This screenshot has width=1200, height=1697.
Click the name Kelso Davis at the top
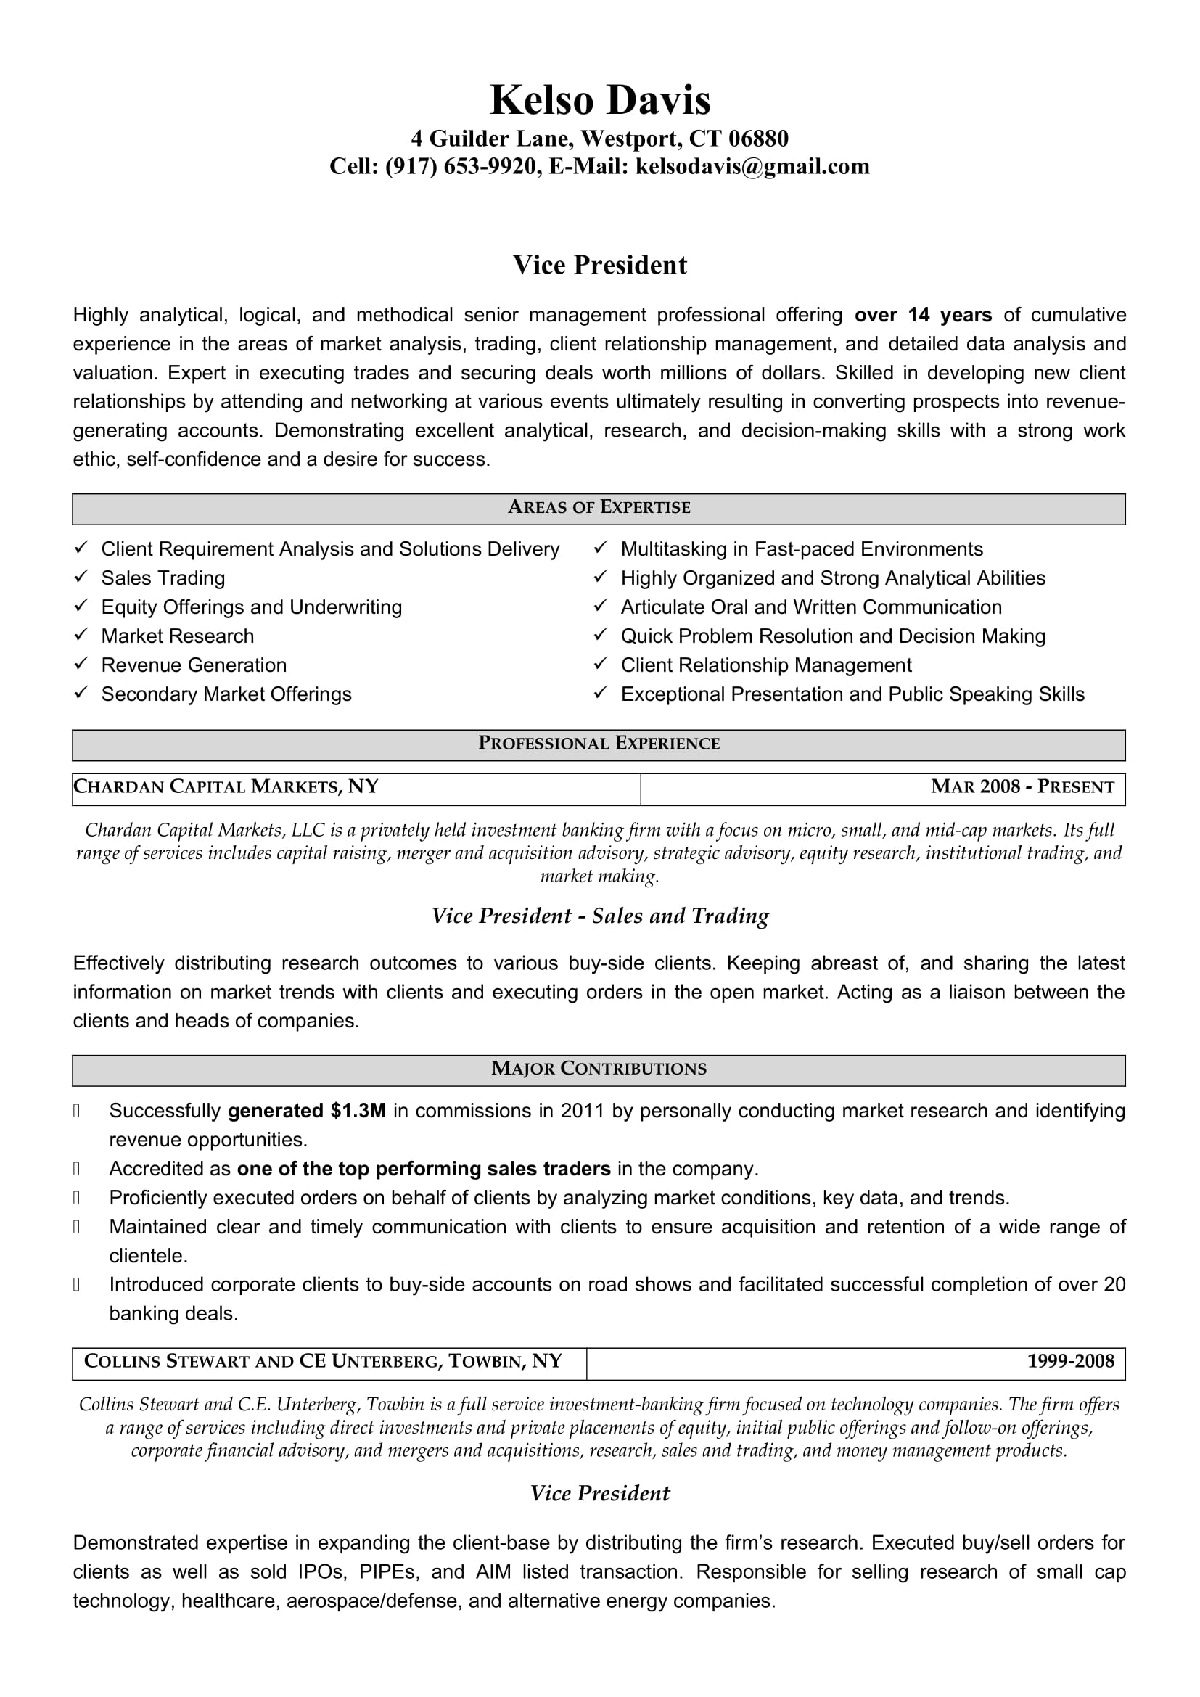[599, 100]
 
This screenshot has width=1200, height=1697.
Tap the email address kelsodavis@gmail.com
[752, 167]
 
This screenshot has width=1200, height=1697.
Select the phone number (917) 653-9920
[461, 167]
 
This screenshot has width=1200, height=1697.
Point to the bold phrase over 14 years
[923, 316]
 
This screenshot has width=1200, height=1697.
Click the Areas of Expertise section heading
[599, 508]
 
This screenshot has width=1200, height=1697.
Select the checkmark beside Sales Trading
[81, 576]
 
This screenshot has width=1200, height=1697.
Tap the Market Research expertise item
[177, 636]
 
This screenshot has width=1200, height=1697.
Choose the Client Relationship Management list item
[765, 665]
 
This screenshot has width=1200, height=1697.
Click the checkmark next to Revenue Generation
[81, 663]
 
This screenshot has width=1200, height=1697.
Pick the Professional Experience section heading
[599, 744]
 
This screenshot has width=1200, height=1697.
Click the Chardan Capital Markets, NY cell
[226, 787]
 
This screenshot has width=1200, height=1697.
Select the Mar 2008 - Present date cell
[1022, 787]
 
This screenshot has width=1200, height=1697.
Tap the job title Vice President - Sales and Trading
[600, 916]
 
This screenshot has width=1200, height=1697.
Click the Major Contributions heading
[599, 1069]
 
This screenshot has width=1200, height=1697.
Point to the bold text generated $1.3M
[307, 1111]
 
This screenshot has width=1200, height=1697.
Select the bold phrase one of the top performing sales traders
[424, 1170]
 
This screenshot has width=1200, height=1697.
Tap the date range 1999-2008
[1070, 1361]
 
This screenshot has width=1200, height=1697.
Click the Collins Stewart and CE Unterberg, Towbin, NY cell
[323, 1361]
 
